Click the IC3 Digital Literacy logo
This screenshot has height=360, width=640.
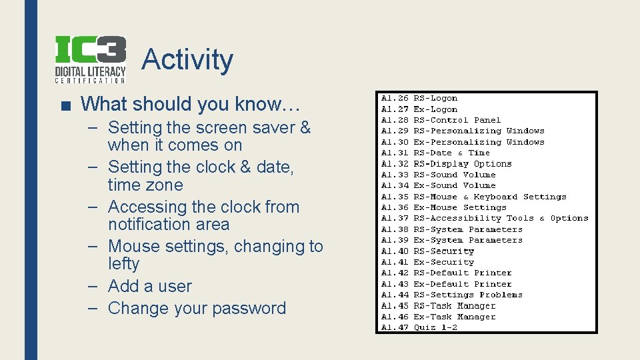[x=90, y=59]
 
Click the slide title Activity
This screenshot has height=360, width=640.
[x=187, y=59]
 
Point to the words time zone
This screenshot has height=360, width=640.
[x=145, y=185]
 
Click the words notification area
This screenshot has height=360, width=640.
[x=168, y=225]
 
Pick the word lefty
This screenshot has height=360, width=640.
[x=123, y=264]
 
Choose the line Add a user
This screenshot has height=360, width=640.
[x=149, y=286]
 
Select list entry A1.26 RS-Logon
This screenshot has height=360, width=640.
[x=419, y=98]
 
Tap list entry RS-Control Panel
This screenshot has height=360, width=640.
[x=457, y=120]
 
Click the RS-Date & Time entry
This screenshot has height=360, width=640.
[x=451, y=153]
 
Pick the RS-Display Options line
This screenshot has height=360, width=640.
[x=462, y=163]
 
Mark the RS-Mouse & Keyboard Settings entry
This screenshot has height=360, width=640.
[x=489, y=197]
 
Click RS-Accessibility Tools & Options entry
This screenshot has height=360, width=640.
[x=500, y=218]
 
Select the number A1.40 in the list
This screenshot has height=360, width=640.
[x=395, y=251]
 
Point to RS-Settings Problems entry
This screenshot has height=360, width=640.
[x=467, y=295]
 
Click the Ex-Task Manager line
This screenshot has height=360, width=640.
[x=454, y=317]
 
